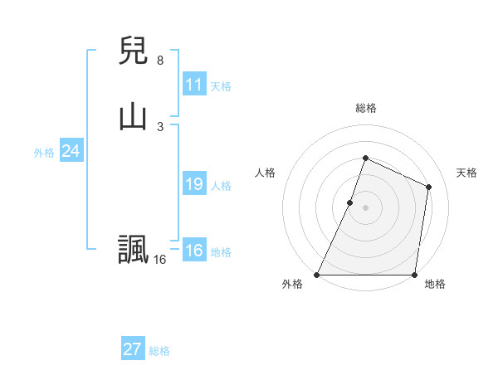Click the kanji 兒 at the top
point(133,51)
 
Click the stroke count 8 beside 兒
point(160,61)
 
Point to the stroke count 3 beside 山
point(160,126)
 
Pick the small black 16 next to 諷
point(159,260)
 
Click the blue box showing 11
point(194,85)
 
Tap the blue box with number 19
point(194,184)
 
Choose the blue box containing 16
point(194,251)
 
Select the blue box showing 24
point(71,151)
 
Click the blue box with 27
point(133,349)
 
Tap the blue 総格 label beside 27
point(159,351)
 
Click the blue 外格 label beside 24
point(44,153)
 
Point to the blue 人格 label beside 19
point(221,186)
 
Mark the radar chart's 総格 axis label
point(365,108)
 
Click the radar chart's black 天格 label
point(466,173)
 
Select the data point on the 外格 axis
point(317,275)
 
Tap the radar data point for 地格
point(414,275)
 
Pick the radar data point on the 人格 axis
point(350,202)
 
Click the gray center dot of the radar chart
point(365,207)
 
